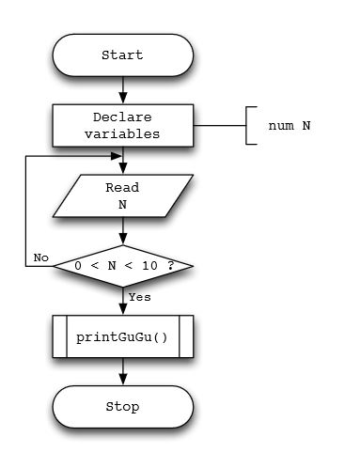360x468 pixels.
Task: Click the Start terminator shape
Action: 122,55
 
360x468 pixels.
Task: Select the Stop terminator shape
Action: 122,407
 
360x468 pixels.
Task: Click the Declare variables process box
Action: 122,126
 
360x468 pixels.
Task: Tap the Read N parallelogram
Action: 122,195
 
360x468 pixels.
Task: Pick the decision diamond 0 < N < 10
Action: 122,266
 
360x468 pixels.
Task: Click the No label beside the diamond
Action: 40,257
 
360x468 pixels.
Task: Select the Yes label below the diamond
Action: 139,297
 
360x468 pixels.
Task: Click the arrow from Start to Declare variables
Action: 122,90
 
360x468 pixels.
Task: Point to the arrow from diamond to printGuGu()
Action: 122,301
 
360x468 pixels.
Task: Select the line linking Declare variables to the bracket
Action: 219,126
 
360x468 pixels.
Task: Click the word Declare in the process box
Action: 122,117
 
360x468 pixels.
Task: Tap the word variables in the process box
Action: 122,134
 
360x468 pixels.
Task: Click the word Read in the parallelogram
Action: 122,187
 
